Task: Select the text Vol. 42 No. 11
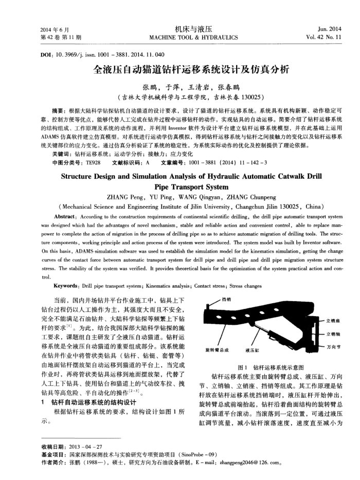coord(305,37)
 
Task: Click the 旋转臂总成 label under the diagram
coord(212,350)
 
